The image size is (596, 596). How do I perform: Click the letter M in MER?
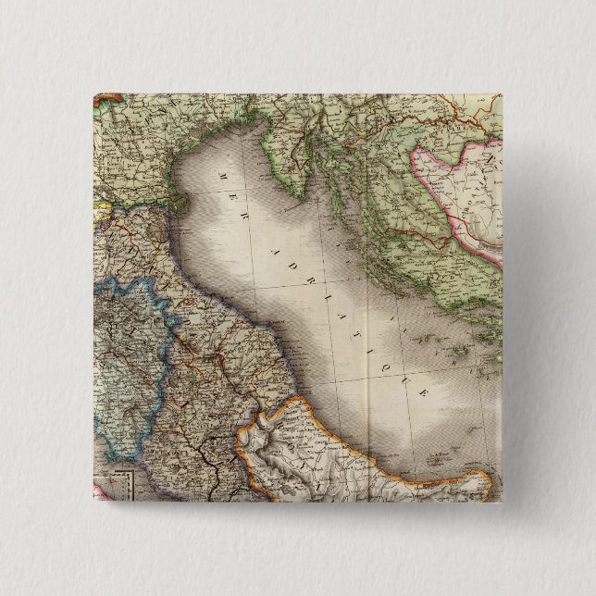(x=222, y=172)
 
